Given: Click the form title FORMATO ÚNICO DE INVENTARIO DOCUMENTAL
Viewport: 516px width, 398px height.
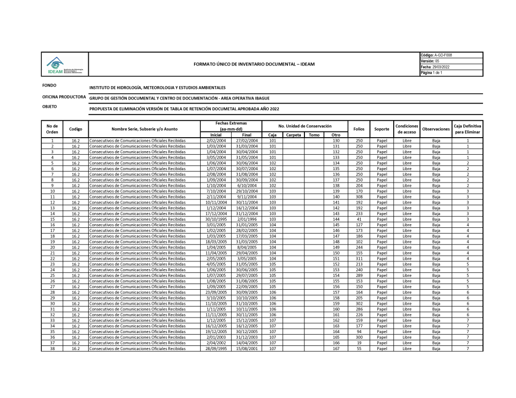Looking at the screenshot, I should pyautogui.click(x=254, y=64).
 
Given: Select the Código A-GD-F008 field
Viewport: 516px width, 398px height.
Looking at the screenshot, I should pyautogui.click(x=437, y=55).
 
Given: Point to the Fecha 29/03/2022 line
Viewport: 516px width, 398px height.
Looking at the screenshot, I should pyautogui.click(x=437, y=67).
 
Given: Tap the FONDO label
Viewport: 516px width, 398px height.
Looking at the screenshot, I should pyautogui.click(x=50, y=86).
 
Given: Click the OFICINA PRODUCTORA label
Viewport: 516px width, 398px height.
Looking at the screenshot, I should pyautogui.click(x=64, y=97).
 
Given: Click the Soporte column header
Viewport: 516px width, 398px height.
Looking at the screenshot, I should pyautogui.click(x=382, y=128).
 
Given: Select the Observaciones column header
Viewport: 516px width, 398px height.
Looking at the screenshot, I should pyautogui.click(x=436, y=128).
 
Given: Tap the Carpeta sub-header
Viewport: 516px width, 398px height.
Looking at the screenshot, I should pyautogui.click(x=294, y=135).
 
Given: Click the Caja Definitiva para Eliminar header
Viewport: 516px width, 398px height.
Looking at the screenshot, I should pyautogui.click(x=467, y=128).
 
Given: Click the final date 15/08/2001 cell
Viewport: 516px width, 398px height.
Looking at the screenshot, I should pyautogui.click(x=247, y=349).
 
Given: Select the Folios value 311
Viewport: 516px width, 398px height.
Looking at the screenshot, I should pyautogui.click(x=359, y=258).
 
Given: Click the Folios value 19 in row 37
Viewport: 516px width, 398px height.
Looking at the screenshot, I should pyautogui.click(x=359, y=343).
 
